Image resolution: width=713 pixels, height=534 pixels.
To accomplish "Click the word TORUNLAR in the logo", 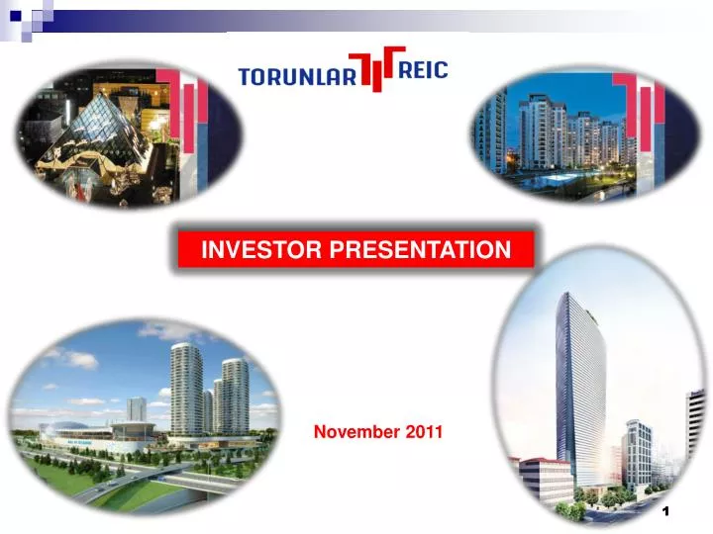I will click(x=297, y=76).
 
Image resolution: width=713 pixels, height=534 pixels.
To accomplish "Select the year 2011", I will click(x=423, y=432).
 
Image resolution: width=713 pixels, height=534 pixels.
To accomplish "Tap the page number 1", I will click(x=666, y=511).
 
